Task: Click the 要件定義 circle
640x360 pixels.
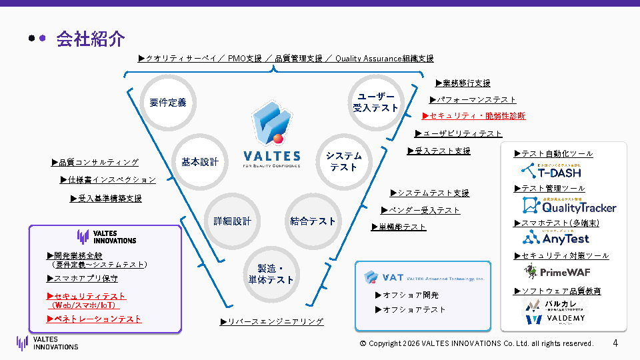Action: click(x=168, y=103)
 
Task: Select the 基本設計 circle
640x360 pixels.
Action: click(x=200, y=162)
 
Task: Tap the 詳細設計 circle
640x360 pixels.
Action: click(x=233, y=221)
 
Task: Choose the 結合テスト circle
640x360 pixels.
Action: click(x=313, y=221)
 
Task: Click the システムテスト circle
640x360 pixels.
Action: click(x=343, y=161)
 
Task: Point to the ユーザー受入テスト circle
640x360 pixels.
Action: click(x=375, y=102)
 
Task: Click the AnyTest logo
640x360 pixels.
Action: click(x=556, y=237)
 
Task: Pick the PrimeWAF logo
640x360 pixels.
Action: click(x=557, y=271)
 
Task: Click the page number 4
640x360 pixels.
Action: click(x=615, y=343)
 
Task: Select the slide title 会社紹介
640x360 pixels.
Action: click(x=91, y=39)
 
